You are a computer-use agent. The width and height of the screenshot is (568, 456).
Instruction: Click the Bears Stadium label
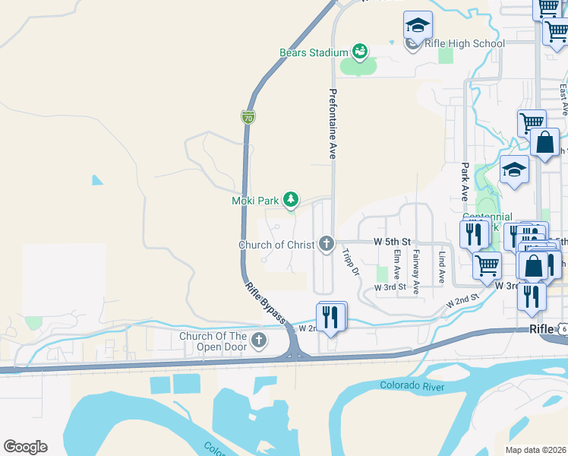[313, 52]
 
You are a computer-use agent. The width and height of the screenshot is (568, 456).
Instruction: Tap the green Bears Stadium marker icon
[359, 51]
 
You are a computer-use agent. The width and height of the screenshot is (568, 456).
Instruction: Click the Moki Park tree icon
[290, 200]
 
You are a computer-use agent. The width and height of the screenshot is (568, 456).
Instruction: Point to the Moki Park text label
[255, 201]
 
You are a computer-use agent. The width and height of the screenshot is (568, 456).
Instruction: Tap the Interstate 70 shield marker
[248, 117]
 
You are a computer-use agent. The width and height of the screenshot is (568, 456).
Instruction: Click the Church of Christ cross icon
[326, 243]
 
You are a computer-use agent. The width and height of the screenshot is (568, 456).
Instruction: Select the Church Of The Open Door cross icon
[259, 340]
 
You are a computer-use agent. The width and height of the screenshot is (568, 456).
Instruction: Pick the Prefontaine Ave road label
[332, 124]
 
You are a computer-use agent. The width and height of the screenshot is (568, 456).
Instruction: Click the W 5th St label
[392, 241]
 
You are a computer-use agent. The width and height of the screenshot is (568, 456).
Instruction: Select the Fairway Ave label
[415, 271]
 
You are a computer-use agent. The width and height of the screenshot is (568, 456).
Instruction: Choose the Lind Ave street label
[441, 267]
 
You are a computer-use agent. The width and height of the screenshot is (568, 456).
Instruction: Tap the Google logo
[25, 447]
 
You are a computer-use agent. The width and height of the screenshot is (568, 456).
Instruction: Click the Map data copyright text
[535, 450]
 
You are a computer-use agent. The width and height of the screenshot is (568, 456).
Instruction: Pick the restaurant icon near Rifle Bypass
[331, 316]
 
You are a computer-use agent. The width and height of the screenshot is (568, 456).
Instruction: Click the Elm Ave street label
[396, 267]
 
